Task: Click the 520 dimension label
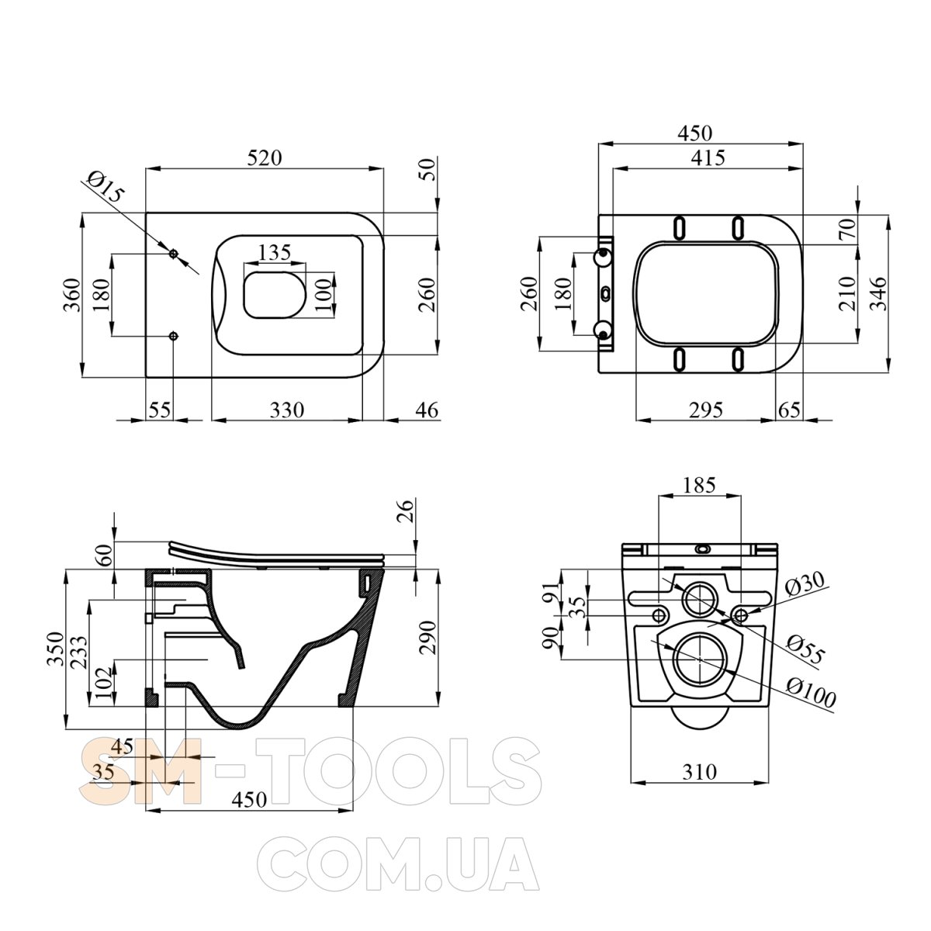pos(264,158)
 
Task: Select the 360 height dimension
pos(72,295)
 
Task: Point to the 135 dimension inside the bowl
pos(275,252)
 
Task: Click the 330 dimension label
pos(287,410)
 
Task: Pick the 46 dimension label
pos(427,410)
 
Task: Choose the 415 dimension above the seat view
pos(708,158)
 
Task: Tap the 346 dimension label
pos(877,293)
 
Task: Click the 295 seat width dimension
pos(706,410)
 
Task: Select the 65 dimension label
pos(789,410)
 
